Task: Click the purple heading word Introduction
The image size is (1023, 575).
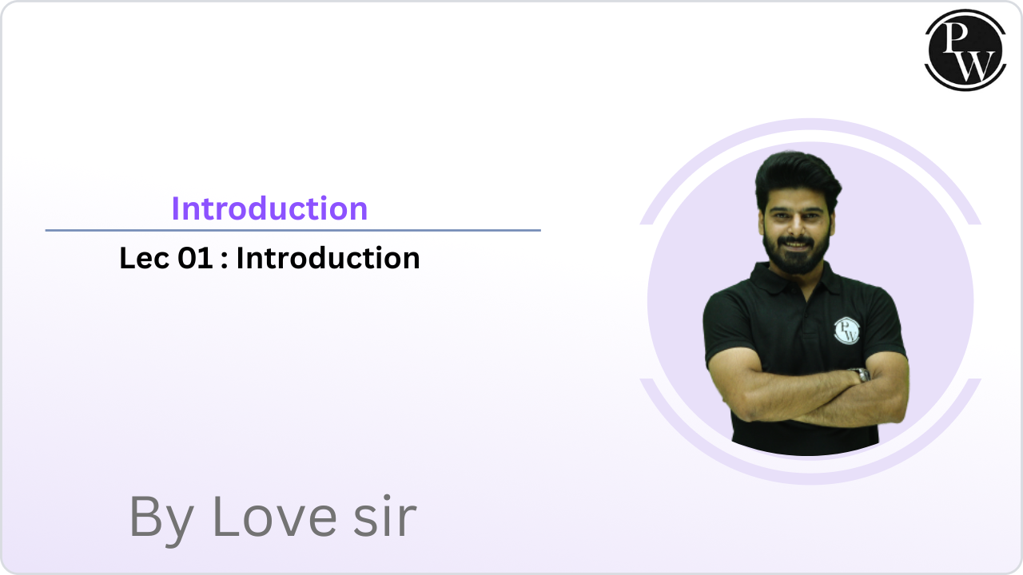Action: [269, 208]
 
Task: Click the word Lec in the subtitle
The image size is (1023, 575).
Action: [145, 259]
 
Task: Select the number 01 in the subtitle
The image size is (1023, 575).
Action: [194, 259]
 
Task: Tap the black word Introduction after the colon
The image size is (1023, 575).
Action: [328, 259]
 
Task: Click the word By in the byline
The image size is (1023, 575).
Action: [160, 517]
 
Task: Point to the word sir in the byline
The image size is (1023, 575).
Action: [386, 517]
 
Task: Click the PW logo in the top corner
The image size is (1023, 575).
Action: [965, 50]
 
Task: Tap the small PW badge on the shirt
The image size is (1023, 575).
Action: [846, 330]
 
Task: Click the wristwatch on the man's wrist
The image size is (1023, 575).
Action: [860, 375]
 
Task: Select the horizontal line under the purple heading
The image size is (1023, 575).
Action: [293, 230]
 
